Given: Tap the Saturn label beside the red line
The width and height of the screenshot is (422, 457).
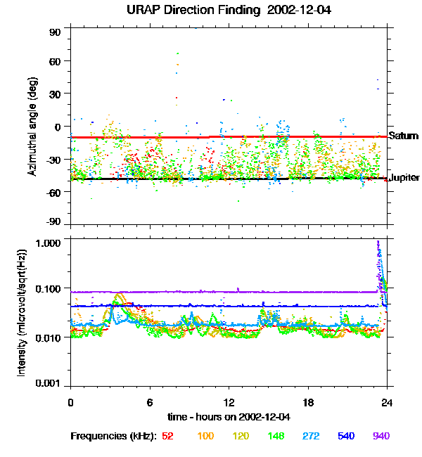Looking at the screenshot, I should tap(404, 136).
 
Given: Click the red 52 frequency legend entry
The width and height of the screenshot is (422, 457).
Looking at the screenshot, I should tap(167, 436).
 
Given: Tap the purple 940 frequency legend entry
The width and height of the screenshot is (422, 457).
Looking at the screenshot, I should tap(381, 436).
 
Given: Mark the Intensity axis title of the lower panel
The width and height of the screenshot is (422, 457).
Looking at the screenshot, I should tap(23, 314).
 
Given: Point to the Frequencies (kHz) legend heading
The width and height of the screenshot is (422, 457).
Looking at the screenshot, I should tap(113, 436).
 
